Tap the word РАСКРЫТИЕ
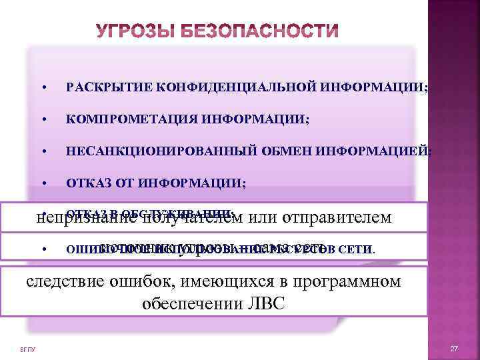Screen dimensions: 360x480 coord(107,87)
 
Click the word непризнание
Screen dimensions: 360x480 coord(78,217)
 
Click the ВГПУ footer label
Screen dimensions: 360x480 coord(28,349)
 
